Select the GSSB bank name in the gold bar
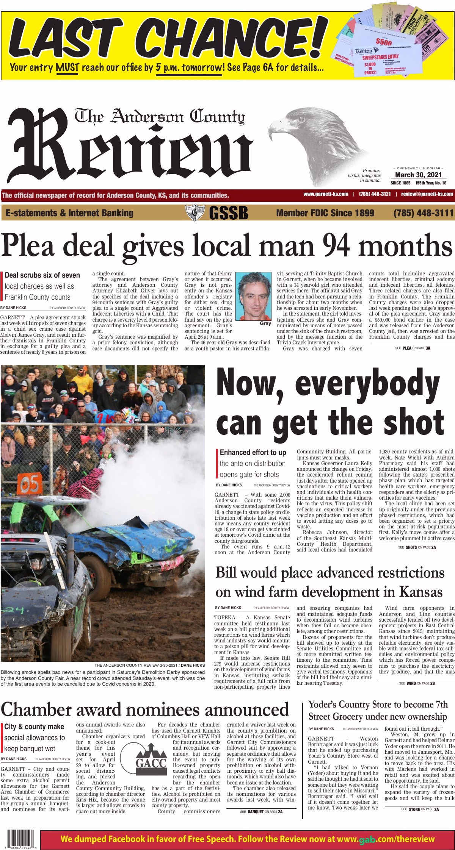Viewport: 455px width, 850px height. coord(228,213)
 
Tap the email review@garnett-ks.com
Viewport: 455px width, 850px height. coord(427,194)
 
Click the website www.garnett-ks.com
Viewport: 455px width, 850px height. coord(326,194)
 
